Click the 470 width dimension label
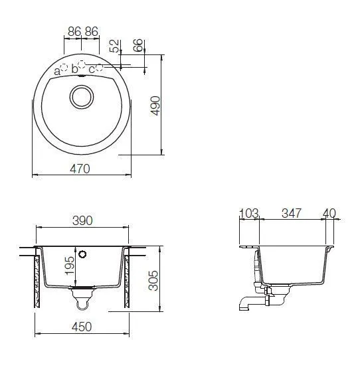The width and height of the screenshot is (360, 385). click(x=80, y=169)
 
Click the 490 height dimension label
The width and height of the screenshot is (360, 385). click(x=155, y=106)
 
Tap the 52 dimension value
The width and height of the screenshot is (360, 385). click(x=114, y=46)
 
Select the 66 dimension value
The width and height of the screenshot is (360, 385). click(x=138, y=45)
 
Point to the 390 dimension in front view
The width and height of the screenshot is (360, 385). click(x=82, y=220)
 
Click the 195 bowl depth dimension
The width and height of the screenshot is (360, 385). click(x=69, y=266)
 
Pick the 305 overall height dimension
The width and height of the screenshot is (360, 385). click(x=153, y=281)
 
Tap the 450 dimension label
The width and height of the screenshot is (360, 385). click(x=82, y=327)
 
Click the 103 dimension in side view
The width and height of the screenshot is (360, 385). click(x=248, y=213)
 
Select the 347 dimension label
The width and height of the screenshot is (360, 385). click(x=292, y=213)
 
